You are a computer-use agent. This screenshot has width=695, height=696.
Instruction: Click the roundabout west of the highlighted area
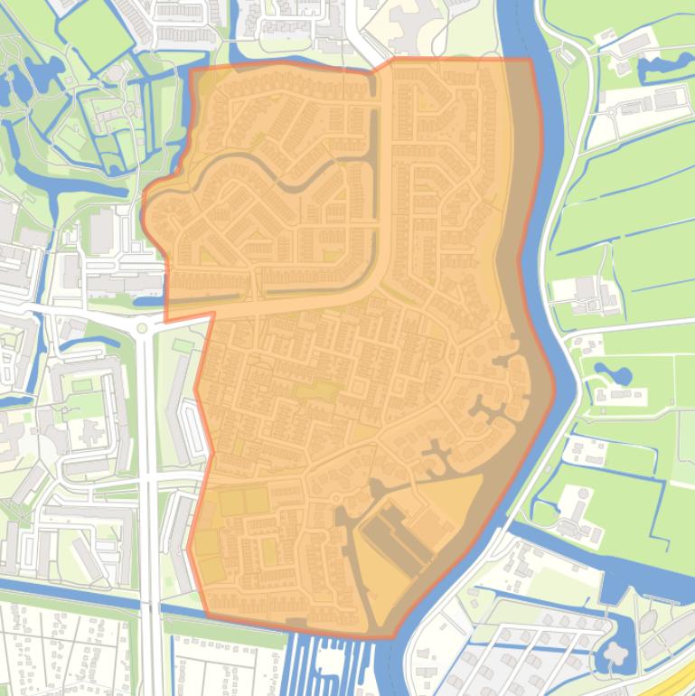(141, 327)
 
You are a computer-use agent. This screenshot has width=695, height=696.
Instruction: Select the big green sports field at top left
(94, 36)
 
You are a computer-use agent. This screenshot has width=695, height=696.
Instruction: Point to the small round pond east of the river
(601, 372)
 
